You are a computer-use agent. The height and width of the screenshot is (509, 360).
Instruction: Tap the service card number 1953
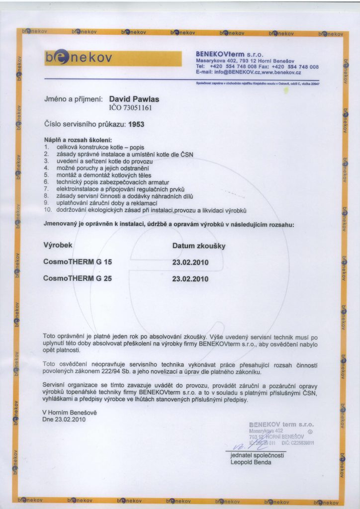tap(136, 125)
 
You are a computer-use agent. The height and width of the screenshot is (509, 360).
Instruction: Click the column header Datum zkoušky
tap(199, 246)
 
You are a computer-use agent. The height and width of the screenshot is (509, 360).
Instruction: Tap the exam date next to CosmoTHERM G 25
tap(190, 279)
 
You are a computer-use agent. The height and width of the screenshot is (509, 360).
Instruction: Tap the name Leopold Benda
tap(251, 462)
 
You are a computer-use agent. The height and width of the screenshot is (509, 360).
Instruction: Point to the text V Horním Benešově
tap(69, 412)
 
